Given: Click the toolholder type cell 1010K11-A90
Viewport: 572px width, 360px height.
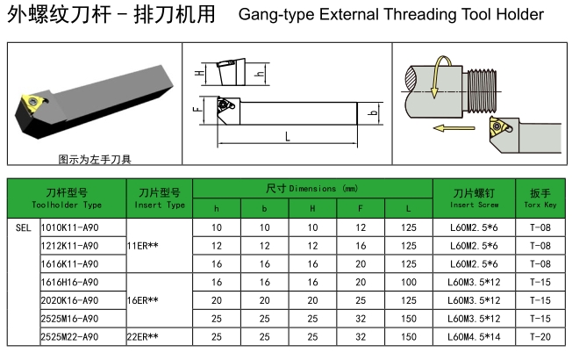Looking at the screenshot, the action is (x=69, y=227).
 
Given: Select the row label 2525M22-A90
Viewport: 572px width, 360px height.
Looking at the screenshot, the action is (x=69, y=337).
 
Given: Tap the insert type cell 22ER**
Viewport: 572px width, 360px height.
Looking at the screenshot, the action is (x=143, y=337).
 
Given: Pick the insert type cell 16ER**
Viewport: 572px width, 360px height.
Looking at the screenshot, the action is (x=143, y=300).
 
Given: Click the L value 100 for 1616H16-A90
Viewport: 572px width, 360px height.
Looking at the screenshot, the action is (x=407, y=282).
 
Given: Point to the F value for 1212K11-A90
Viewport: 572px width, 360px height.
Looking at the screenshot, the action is (x=361, y=245).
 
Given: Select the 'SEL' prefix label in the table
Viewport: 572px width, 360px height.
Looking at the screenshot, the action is (x=24, y=227).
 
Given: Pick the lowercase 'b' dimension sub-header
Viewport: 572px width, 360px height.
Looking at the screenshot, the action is (x=263, y=208).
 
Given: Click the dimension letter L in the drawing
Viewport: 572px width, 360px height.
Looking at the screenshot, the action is (x=287, y=136).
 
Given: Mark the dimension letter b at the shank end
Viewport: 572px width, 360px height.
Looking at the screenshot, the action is (x=375, y=113).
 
